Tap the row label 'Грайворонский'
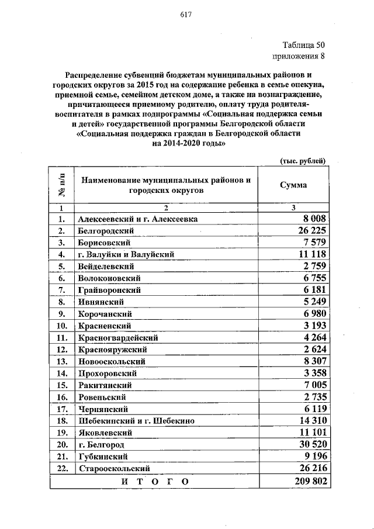(x=109, y=290)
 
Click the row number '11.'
(x=60, y=338)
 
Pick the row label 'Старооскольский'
(x=113, y=468)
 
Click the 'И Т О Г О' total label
(x=155, y=481)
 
